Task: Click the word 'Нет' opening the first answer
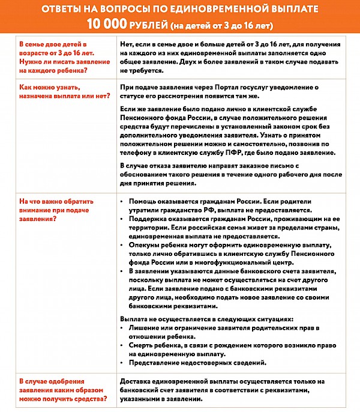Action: click(127, 44)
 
